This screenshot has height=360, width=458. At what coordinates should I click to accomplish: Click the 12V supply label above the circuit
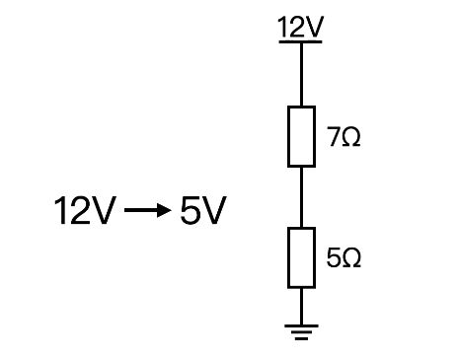pos(301,29)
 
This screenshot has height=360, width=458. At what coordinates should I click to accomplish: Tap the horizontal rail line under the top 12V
pos(301,42)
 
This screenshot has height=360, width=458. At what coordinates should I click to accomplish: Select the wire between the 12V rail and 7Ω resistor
pos(301,74)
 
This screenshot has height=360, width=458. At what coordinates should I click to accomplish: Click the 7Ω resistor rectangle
pos(301,136)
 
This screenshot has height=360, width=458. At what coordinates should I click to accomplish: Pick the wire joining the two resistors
pos(301,196)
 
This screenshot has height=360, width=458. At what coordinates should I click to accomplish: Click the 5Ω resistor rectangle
pos(301,257)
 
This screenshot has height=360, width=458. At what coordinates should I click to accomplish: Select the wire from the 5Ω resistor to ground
pos(301,306)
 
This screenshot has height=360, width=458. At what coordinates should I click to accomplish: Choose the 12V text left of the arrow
pos(86,212)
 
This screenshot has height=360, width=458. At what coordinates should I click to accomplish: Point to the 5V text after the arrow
pos(203,212)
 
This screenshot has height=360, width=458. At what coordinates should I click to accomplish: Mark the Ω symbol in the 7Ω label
pos(349,136)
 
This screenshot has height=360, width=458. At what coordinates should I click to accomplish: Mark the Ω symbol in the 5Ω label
pos(349,258)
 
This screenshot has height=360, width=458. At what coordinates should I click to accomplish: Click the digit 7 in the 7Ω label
pos(332,136)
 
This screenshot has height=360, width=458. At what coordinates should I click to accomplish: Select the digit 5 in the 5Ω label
pos(332,258)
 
